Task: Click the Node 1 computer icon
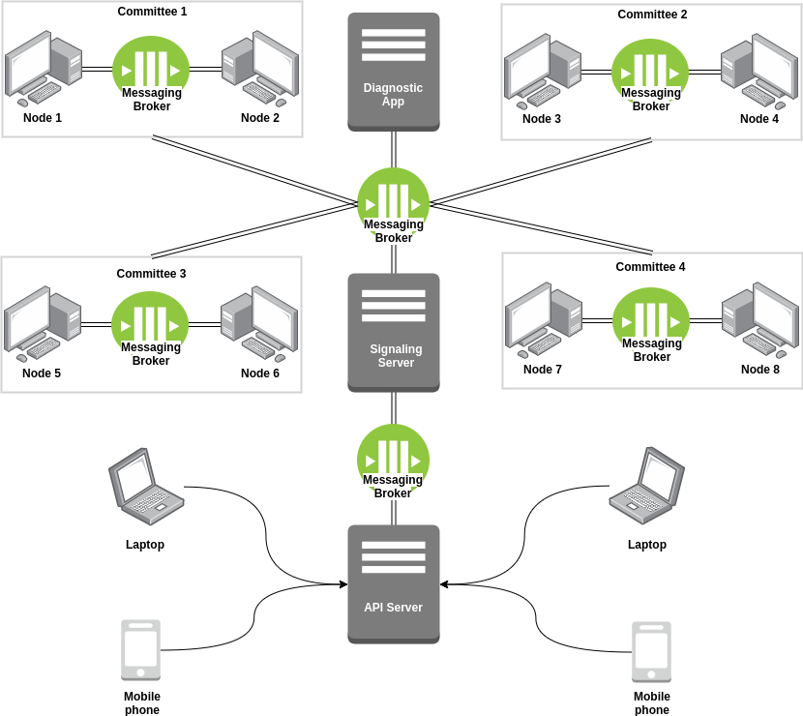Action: (44, 68)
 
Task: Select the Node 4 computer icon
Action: (758, 71)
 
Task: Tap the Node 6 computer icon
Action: (258, 322)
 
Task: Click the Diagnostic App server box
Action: (394, 71)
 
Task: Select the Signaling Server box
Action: (393, 332)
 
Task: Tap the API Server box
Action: (394, 583)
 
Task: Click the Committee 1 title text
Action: (152, 12)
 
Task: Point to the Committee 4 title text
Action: (650, 266)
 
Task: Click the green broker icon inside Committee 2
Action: (650, 70)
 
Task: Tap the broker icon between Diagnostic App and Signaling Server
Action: (394, 201)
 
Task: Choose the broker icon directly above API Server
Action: (393, 458)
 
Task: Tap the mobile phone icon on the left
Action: (141, 650)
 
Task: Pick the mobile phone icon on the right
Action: (651, 651)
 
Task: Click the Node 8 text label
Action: (759, 369)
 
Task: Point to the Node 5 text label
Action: (42, 373)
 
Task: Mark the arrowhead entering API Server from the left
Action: (342, 583)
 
